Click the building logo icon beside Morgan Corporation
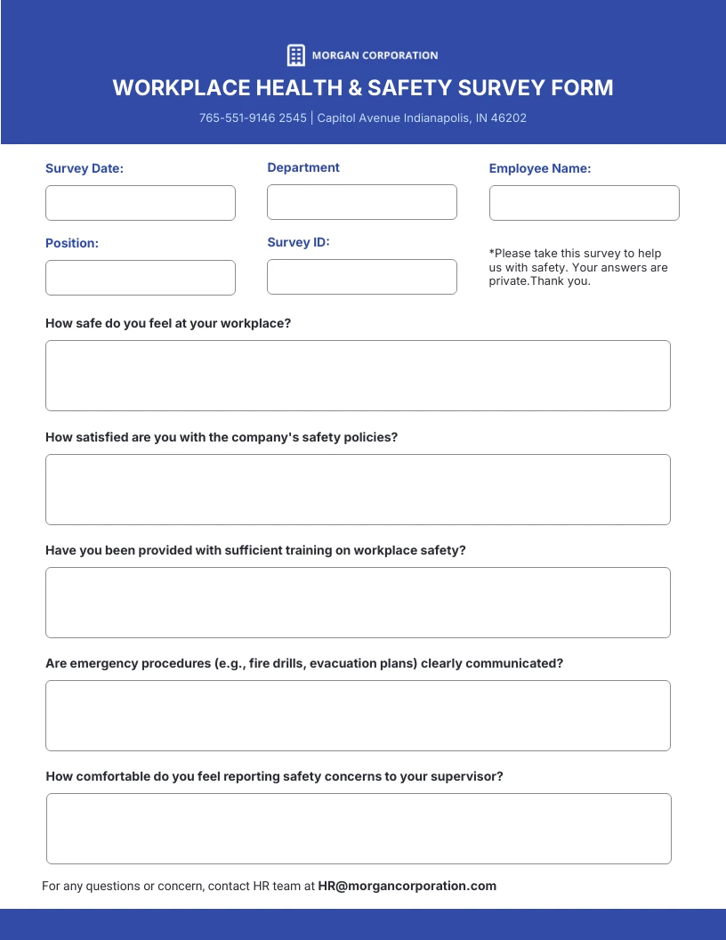pyautogui.click(x=296, y=55)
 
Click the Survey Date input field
pyautogui.click(x=141, y=203)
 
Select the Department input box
pyautogui.click(x=362, y=202)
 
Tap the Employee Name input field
pyautogui.click(x=584, y=203)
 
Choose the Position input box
pyautogui.click(x=141, y=278)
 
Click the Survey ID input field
pyautogui.click(x=362, y=277)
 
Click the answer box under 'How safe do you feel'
pyautogui.click(x=358, y=376)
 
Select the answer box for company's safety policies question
pyautogui.click(x=358, y=490)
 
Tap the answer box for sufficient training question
pyautogui.click(x=358, y=603)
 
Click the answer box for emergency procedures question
pyautogui.click(x=358, y=716)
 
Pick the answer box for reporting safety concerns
pyautogui.click(x=359, y=829)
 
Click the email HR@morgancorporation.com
pyautogui.click(x=407, y=886)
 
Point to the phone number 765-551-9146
pyautogui.click(x=237, y=117)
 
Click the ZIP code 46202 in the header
pyautogui.click(x=508, y=117)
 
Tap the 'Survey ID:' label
pyautogui.click(x=298, y=242)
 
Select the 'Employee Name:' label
pyautogui.click(x=540, y=168)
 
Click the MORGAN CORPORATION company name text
pyautogui.click(x=375, y=55)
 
